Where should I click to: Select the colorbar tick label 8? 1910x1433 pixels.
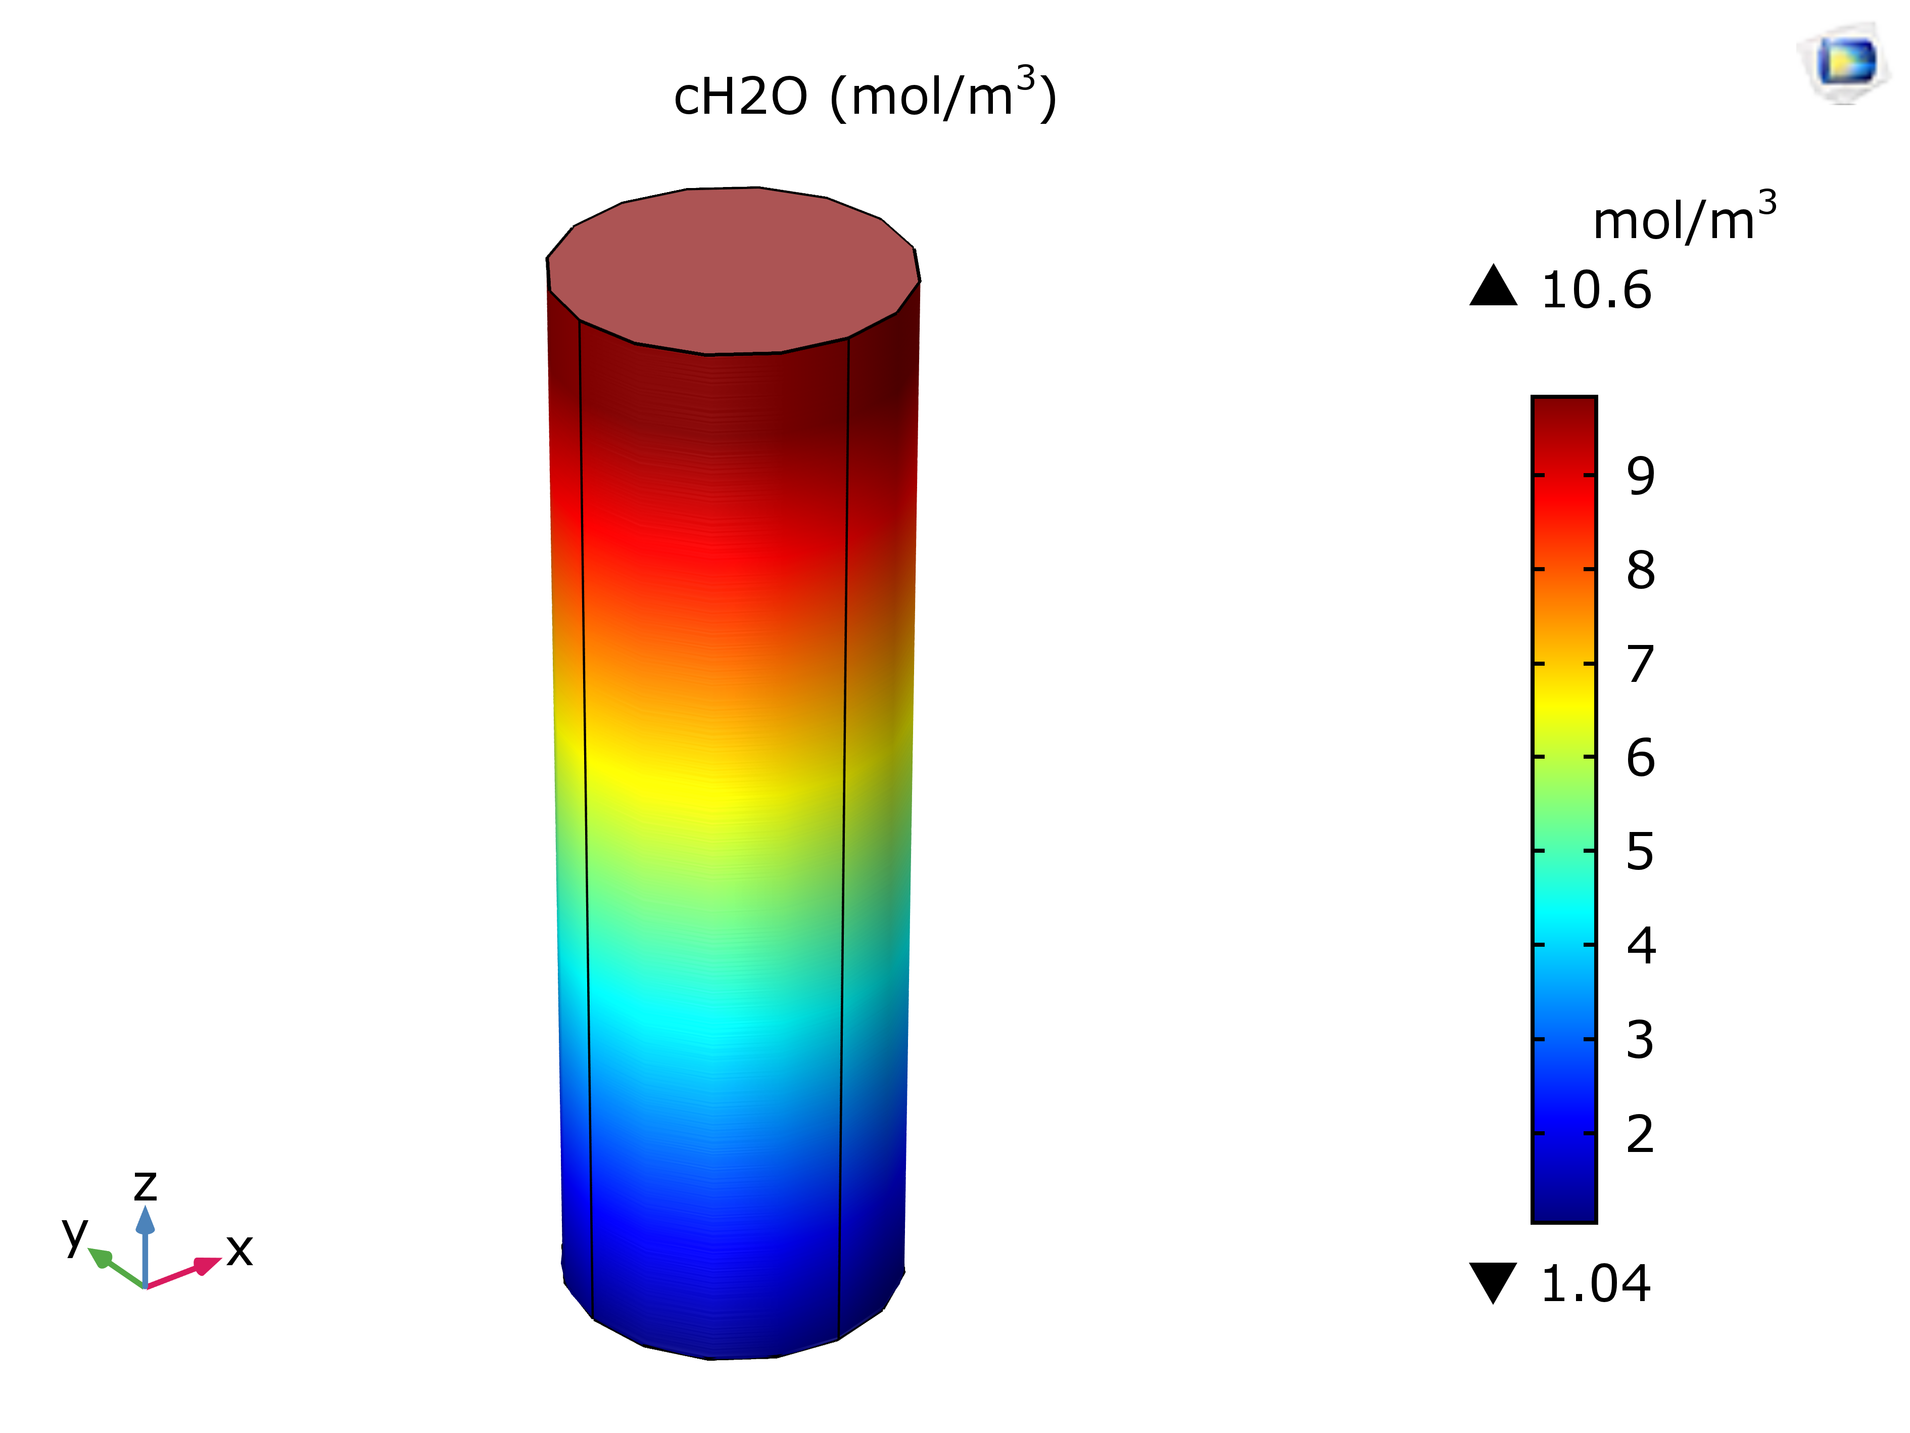(1641, 570)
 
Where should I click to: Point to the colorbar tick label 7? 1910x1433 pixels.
(1641, 664)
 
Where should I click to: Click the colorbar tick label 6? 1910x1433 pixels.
(1641, 758)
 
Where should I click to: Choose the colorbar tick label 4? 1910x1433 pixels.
(1641, 945)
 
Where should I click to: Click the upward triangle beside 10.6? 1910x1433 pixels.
(1493, 287)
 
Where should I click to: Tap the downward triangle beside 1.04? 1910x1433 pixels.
(1493, 1281)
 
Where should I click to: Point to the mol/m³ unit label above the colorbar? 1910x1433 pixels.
(1684, 218)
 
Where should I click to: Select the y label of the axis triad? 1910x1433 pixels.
(75, 1233)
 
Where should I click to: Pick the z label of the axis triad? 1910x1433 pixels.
(145, 1185)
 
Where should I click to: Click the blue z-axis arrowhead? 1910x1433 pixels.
(145, 1220)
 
